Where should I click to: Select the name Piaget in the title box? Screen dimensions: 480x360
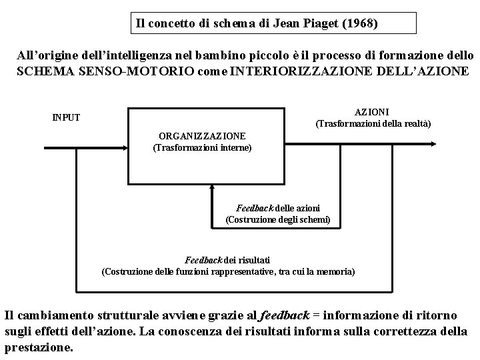(317, 24)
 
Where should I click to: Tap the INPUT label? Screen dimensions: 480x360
(66, 117)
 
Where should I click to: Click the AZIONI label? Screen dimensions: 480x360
(373, 112)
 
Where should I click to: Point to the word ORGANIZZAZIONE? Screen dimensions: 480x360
(203, 135)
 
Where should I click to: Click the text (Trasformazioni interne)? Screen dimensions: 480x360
(203, 147)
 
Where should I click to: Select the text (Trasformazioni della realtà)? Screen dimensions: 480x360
(373, 124)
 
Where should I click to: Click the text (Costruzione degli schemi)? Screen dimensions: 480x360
(278, 219)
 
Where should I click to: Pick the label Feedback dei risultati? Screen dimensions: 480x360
(227, 259)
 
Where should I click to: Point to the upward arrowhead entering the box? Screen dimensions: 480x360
(211, 188)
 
